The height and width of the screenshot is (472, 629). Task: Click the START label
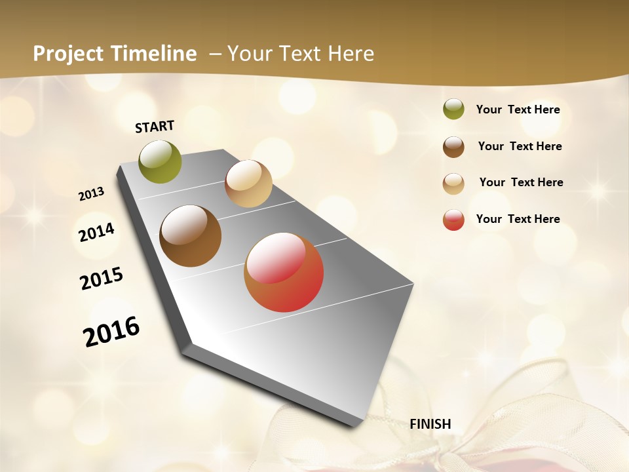tap(155, 127)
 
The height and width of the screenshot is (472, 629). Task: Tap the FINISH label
tap(430, 424)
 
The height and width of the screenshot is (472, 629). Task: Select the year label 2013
tap(92, 194)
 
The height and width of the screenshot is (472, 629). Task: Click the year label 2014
tap(97, 232)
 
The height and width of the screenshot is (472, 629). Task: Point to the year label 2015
tap(102, 279)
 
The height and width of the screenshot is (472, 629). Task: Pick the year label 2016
tap(112, 331)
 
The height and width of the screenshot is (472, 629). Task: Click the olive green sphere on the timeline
tap(161, 161)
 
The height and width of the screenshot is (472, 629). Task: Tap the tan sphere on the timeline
tap(248, 184)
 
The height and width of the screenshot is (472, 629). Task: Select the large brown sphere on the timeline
tap(190, 236)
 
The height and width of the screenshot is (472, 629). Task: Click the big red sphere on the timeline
tap(284, 272)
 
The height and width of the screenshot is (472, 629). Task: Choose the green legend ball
tap(453, 109)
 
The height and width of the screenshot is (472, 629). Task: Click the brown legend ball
tap(453, 147)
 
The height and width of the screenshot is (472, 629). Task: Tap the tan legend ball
tap(453, 184)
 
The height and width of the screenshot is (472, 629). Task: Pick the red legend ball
tap(453, 220)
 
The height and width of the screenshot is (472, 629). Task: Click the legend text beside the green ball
tap(518, 109)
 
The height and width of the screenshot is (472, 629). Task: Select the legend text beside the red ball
tap(518, 219)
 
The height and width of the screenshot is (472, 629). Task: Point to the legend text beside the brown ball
tap(520, 146)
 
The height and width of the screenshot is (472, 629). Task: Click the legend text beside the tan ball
tap(521, 182)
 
